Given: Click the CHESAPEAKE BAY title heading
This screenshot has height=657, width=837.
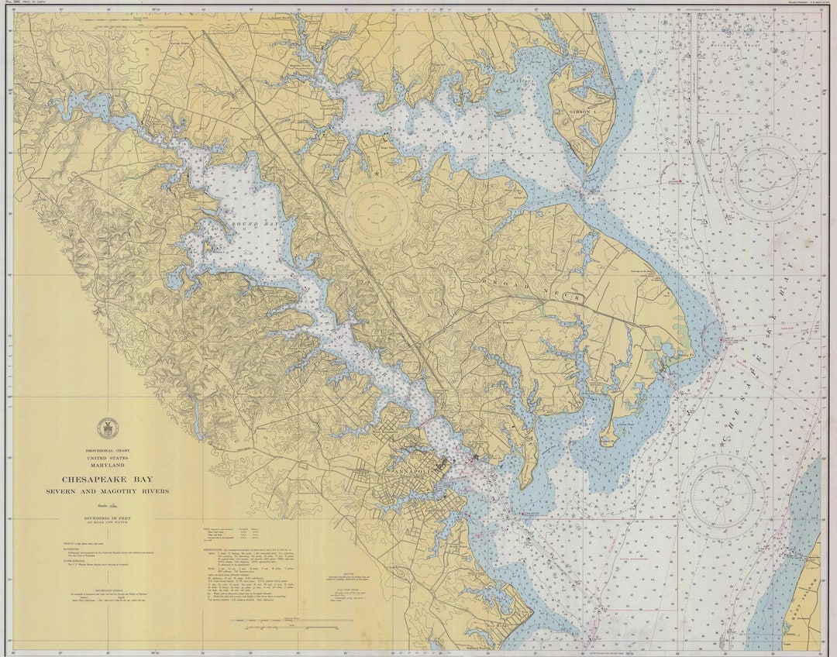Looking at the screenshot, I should tap(107, 480).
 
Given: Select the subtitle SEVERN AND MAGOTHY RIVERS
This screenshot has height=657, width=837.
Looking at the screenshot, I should tap(107, 491).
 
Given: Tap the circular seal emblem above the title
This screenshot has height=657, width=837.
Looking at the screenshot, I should tap(107, 428).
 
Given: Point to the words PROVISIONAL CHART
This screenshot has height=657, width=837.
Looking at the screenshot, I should tap(107, 450).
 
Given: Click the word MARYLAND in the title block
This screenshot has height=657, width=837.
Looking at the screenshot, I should tap(107, 465).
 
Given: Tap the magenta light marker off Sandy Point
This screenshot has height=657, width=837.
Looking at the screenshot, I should tap(722, 339).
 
